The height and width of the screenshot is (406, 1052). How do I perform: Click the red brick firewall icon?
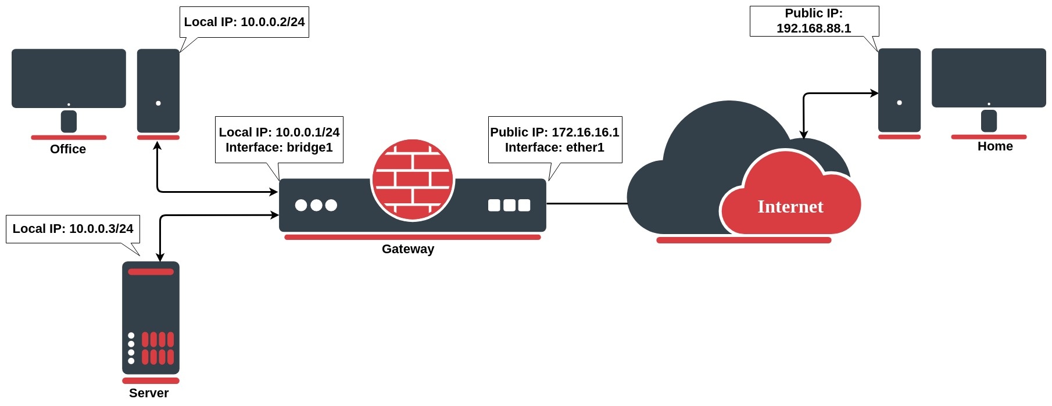(413, 179)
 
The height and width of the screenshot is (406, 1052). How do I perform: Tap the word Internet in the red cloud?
(790, 207)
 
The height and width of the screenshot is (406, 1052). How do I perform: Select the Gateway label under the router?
(408, 249)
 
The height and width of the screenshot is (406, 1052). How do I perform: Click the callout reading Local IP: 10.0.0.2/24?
(244, 22)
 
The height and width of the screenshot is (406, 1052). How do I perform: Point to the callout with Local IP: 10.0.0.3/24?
(73, 229)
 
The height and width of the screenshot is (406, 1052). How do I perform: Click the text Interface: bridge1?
(279, 148)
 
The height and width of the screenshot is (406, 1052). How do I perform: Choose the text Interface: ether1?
(554, 148)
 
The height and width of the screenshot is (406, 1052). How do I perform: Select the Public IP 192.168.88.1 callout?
(814, 21)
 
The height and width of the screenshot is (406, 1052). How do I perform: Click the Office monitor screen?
(69, 77)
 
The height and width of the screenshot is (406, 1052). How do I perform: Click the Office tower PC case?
(158, 91)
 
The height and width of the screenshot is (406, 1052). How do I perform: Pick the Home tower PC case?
(899, 90)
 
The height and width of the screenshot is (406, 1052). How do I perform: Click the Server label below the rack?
(149, 393)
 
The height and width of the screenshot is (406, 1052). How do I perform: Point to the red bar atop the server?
(151, 272)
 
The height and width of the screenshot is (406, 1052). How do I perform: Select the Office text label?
(68, 149)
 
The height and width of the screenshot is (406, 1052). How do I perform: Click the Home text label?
(995, 146)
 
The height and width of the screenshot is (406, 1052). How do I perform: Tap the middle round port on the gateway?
(316, 205)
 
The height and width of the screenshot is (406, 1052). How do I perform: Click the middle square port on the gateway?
(509, 205)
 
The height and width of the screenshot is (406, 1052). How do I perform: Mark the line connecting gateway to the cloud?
(587, 204)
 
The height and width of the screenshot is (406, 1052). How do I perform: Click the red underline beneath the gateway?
(413, 237)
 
